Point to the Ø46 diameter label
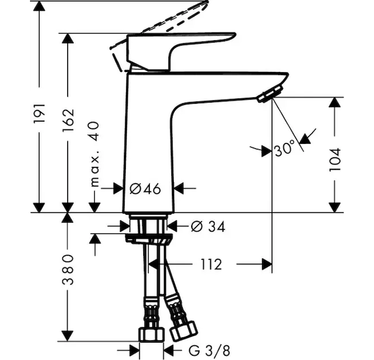(146, 189)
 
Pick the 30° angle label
(285, 147)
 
